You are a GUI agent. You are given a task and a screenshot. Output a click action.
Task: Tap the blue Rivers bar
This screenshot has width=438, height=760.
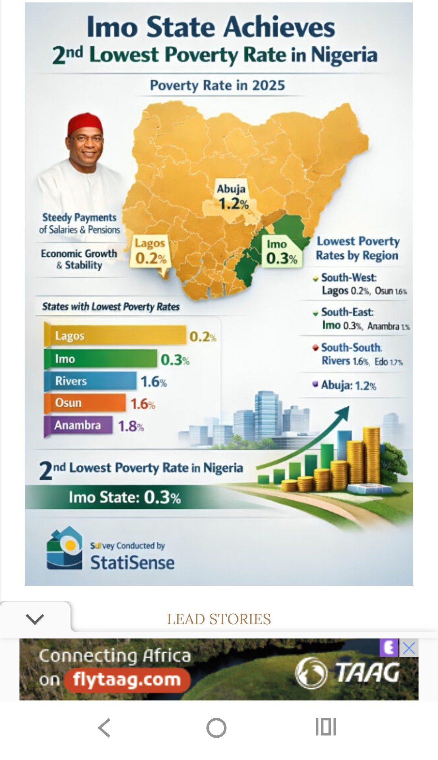tap(90, 381)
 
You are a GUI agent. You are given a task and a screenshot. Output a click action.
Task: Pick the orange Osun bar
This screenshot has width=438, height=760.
tap(85, 403)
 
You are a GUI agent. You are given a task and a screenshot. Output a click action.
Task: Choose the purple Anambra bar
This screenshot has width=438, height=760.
tap(78, 425)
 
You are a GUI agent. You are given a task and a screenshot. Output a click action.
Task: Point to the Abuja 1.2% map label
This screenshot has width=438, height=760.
tap(232, 196)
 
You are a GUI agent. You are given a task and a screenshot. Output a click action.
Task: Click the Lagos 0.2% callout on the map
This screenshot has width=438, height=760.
tap(150, 252)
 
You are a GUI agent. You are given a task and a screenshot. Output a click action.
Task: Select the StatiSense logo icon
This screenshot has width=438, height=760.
tap(64, 548)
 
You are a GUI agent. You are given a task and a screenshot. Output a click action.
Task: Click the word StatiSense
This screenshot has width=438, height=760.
tap(132, 563)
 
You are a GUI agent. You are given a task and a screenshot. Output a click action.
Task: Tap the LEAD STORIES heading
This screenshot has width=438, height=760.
tap(219, 619)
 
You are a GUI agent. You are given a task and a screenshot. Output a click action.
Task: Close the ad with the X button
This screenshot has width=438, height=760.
tap(409, 648)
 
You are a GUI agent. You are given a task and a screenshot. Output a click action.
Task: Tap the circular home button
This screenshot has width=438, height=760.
tap(216, 728)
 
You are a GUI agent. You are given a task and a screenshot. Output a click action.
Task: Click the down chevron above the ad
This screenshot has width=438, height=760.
tap(34, 619)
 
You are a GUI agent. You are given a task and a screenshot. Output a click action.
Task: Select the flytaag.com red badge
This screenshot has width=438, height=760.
tap(127, 679)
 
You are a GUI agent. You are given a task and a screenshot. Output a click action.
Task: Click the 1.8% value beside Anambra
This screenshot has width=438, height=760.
tap(131, 426)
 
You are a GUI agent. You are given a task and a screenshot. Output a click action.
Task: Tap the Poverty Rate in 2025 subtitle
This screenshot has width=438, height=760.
tap(217, 85)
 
